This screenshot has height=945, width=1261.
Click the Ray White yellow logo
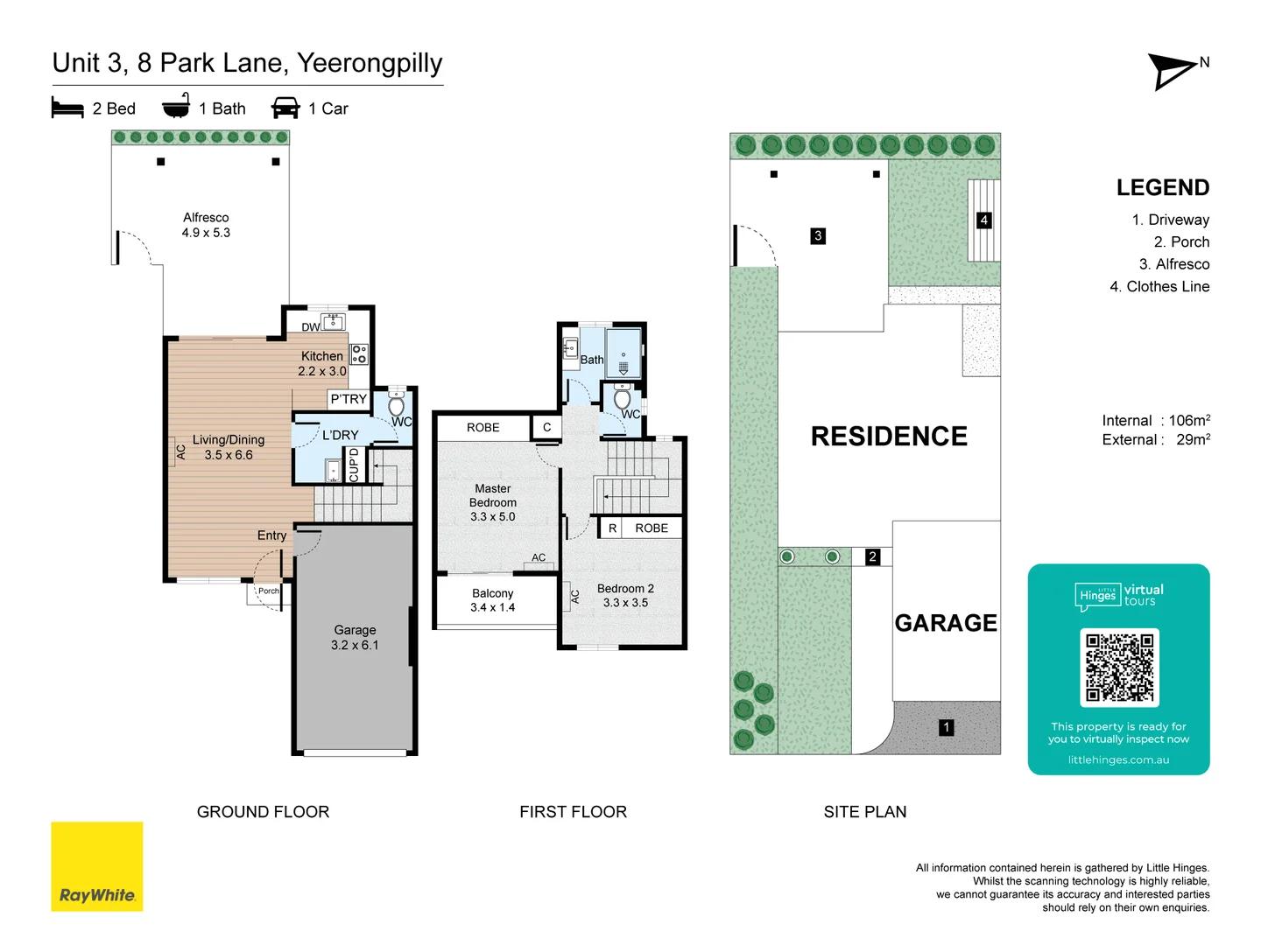96,866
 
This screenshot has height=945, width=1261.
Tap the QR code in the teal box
1119,668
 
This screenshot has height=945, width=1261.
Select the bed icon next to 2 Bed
67,108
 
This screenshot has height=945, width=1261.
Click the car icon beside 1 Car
285,108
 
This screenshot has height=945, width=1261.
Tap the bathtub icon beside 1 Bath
176,106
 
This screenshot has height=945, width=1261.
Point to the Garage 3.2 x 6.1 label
355,638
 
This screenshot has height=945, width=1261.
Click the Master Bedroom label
493,502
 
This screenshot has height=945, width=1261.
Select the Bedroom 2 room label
625,596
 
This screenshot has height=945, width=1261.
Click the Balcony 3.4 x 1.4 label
493,600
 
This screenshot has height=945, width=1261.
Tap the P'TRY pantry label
349,399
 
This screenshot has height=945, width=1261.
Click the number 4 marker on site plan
983,220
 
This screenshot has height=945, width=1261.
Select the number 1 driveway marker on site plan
946,727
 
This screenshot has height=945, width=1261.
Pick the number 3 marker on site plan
818,235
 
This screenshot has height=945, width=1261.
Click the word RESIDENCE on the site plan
889,436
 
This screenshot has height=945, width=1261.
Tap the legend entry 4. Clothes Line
1159,286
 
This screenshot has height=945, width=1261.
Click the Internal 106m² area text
1156,421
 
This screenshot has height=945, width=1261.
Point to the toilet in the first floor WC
623,400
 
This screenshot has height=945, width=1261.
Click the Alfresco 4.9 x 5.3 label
206,225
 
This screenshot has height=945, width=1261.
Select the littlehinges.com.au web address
1118,759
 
